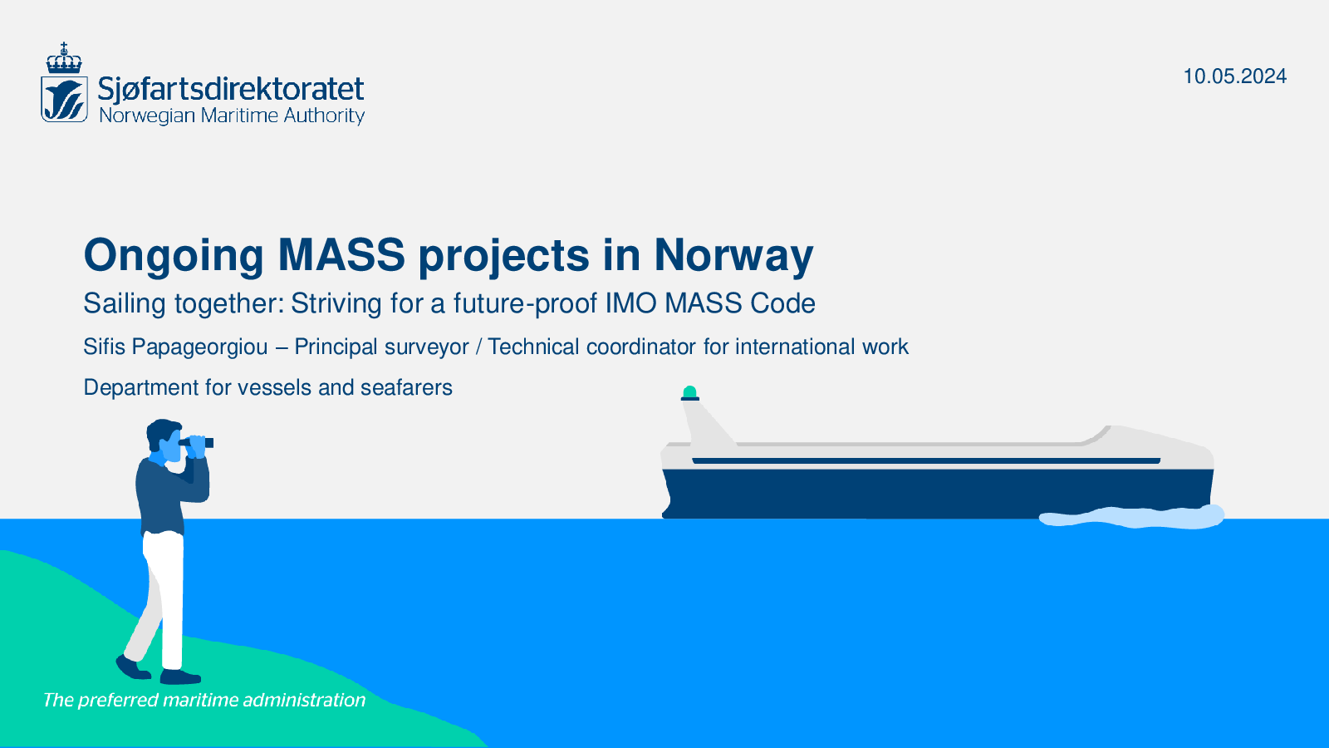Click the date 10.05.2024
1234,76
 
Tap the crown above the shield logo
64,58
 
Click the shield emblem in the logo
64,99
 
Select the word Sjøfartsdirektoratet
231,90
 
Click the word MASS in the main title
341,254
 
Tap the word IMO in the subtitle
631,303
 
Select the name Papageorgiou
199,347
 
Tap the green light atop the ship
689,391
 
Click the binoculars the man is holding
196,442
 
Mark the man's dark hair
160,433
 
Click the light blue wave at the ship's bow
1131,516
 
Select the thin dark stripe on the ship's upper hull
926,460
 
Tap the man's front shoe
180,677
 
